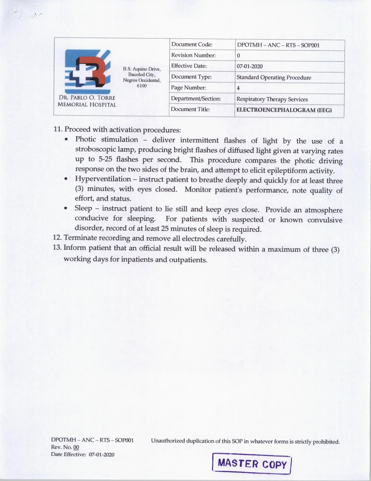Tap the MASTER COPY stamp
(x=252, y=464)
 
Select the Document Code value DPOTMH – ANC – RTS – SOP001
(x=278, y=45)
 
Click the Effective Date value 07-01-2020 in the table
(x=250, y=66)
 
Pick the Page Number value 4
(x=238, y=88)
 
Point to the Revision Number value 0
(x=238, y=56)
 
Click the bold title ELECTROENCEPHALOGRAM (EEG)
(x=284, y=110)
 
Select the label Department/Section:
(x=196, y=99)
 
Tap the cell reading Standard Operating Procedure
(x=274, y=78)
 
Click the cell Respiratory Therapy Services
(x=272, y=99)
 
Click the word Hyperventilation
(x=103, y=179)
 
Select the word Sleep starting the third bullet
(x=83, y=208)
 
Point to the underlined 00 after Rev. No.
(x=76, y=447)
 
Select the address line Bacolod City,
(x=142, y=75)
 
